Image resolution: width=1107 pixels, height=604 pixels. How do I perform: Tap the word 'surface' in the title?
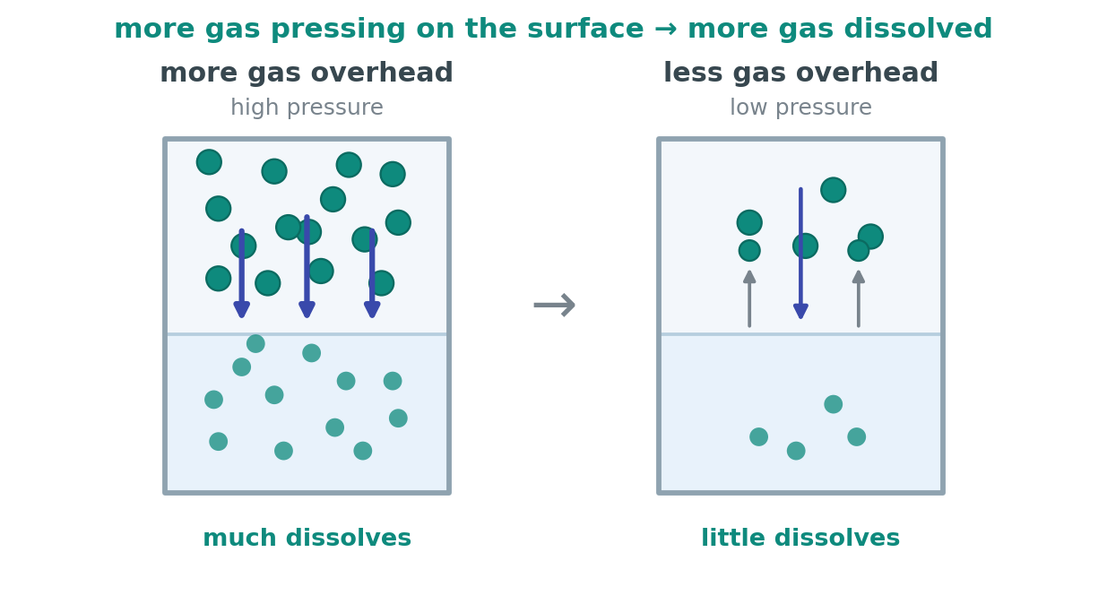tap(585, 29)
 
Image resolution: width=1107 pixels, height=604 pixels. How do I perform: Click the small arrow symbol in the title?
tap(666, 30)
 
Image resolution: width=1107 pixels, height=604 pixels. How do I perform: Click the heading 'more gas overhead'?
tap(307, 73)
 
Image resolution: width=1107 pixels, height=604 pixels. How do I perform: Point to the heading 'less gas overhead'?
tap(800, 73)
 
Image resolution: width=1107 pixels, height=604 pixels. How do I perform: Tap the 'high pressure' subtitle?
tap(307, 108)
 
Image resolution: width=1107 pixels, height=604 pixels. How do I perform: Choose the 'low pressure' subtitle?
tap(800, 108)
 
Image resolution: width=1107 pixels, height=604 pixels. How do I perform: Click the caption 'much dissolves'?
tap(307, 538)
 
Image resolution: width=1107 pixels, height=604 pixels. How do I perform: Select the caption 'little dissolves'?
tap(800, 538)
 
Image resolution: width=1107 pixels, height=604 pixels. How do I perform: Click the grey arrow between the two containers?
tap(555, 305)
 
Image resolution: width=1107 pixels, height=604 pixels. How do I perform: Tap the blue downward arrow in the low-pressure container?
tap(800, 253)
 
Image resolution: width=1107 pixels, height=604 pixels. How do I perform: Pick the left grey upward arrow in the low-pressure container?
tap(749, 298)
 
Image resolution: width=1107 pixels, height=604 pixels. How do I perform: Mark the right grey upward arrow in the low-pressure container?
tap(859, 298)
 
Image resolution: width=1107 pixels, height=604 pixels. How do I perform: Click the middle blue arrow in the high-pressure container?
tap(307, 266)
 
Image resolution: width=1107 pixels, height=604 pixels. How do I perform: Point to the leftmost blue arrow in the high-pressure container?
tap(242, 273)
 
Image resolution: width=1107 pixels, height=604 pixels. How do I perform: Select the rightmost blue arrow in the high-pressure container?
tap(372, 273)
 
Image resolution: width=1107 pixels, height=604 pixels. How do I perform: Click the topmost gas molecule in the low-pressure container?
tap(834, 190)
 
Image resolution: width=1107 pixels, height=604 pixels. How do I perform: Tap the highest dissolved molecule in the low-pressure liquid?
tap(834, 404)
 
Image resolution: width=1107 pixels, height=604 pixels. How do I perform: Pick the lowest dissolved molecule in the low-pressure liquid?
tap(796, 451)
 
